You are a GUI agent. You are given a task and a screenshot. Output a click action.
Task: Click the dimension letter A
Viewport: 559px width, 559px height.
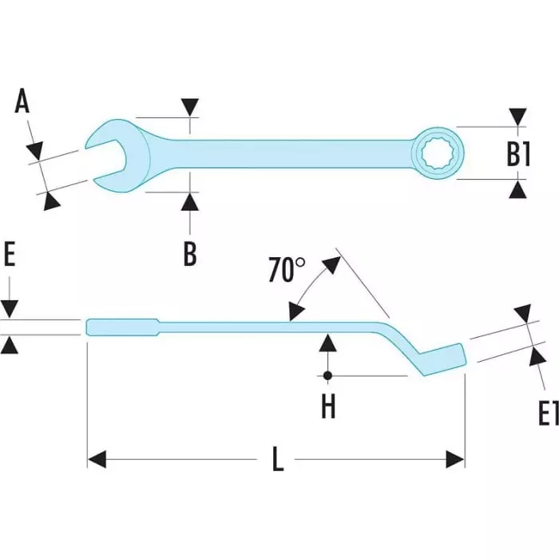[22, 103]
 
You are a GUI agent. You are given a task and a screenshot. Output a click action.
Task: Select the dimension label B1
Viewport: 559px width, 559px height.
[519, 153]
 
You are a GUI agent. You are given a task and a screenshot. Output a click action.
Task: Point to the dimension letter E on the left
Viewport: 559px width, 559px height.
[10, 258]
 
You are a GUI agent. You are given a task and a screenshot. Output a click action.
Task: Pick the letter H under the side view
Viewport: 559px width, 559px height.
[328, 406]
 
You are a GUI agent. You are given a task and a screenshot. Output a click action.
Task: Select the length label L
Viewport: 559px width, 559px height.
[277, 460]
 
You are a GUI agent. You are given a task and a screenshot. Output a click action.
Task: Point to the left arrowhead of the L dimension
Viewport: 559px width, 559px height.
[97, 459]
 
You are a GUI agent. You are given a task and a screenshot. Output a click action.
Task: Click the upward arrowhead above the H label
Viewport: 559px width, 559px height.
[327, 343]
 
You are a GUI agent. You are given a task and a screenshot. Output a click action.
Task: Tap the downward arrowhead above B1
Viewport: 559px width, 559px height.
[519, 117]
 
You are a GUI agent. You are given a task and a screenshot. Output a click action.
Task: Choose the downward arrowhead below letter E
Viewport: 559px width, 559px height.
[10, 310]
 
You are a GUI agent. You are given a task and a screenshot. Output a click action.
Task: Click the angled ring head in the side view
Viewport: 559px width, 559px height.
[442, 357]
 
